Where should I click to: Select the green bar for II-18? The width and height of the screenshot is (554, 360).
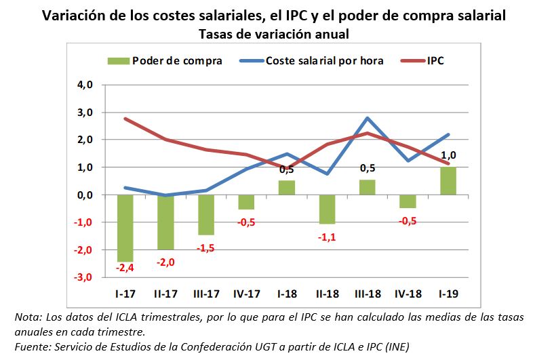click(x=327, y=209)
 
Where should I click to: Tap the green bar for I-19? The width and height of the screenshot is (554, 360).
click(x=447, y=181)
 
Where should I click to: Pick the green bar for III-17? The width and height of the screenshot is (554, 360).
click(x=206, y=214)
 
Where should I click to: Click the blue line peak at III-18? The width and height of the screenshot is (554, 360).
click(x=367, y=119)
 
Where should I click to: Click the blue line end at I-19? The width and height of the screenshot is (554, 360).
click(x=448, y=134)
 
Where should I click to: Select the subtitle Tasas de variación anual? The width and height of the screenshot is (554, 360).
click(x=275, y=33)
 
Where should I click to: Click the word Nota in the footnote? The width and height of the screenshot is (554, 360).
click(x=28, y=317)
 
